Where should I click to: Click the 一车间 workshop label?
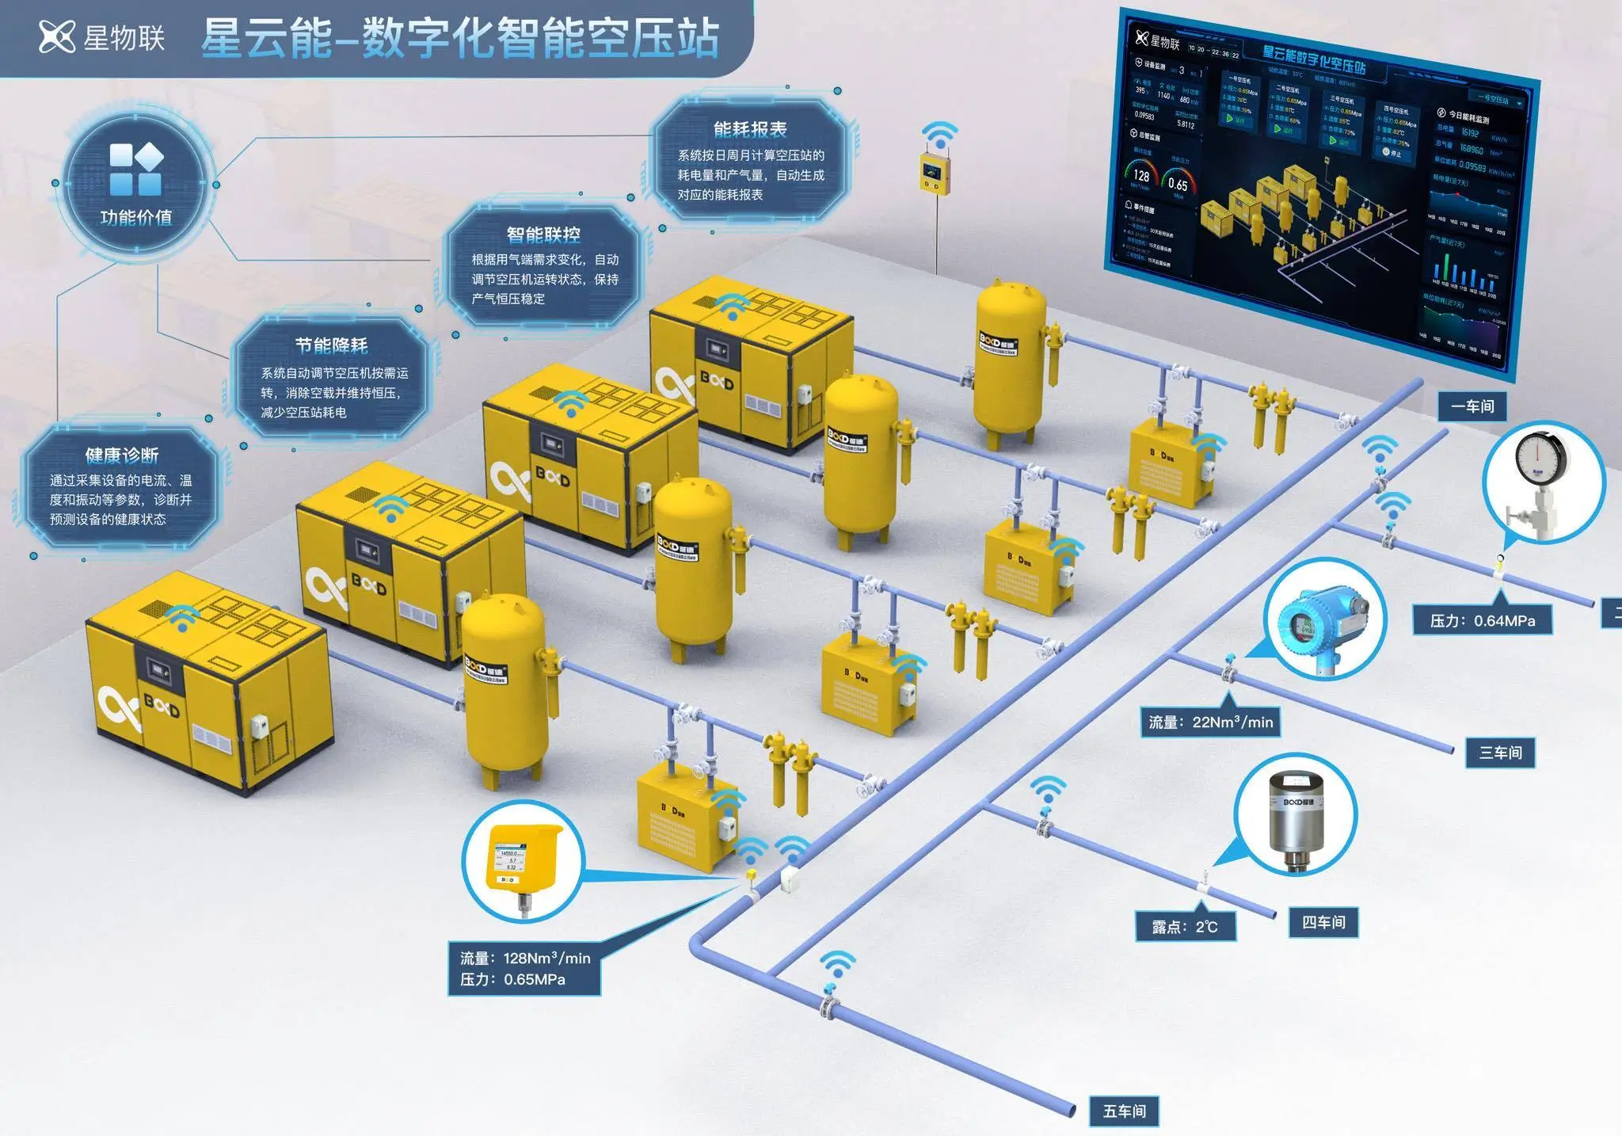pyautogui.click(x=1472, y=406)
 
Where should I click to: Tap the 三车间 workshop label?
pyautogui.click(x=1500, y=752)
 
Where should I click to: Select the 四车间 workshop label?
pyautogui.click(x=1323, y=922)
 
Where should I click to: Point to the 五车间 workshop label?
pyautogui.click(x=1124, y=1111)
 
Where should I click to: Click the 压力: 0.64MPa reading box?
pyautogui.click(x=1482, y=621)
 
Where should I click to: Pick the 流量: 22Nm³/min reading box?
pyautogui.click(x=1210, y=722)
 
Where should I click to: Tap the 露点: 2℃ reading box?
pyautogui.click(x=1185, y=927)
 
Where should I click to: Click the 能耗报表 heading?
pyautogui.click(x=749, y=129)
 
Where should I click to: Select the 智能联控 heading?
pyautogui.click(x=543, y=234)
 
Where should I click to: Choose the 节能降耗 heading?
pyautogui.click(x=331, y=345)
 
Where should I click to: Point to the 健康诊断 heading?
pyautogui.click(x=121, y=456)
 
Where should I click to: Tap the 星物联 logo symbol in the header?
pyautogui.click(x=56, y=36)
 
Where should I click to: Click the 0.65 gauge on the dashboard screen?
pyautogui.click(x=1178, y=183)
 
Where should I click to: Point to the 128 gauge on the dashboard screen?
pyautogui.click(x=1141, y=175)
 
